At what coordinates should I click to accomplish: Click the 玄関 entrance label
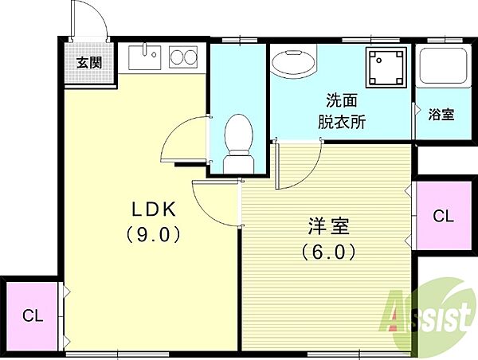pos(89,62)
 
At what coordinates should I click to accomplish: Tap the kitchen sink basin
pos(144,57)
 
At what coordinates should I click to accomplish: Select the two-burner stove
pos(183,57)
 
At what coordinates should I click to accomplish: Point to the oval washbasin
pos(293,63)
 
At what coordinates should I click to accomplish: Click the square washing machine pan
pos(387,67)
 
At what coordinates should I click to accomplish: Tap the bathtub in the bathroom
pos(443,66)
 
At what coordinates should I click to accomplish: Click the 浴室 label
pos(441,115)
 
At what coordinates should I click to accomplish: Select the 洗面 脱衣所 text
pos(342,112)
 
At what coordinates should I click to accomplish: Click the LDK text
pos(154,209)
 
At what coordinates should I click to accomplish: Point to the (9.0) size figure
pos(153,234)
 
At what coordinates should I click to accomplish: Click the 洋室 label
pos(328,226)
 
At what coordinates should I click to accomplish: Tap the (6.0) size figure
pos(328,252)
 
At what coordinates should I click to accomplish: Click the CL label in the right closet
pos(443,217)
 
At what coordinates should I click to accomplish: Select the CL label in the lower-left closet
pos(33,316)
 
